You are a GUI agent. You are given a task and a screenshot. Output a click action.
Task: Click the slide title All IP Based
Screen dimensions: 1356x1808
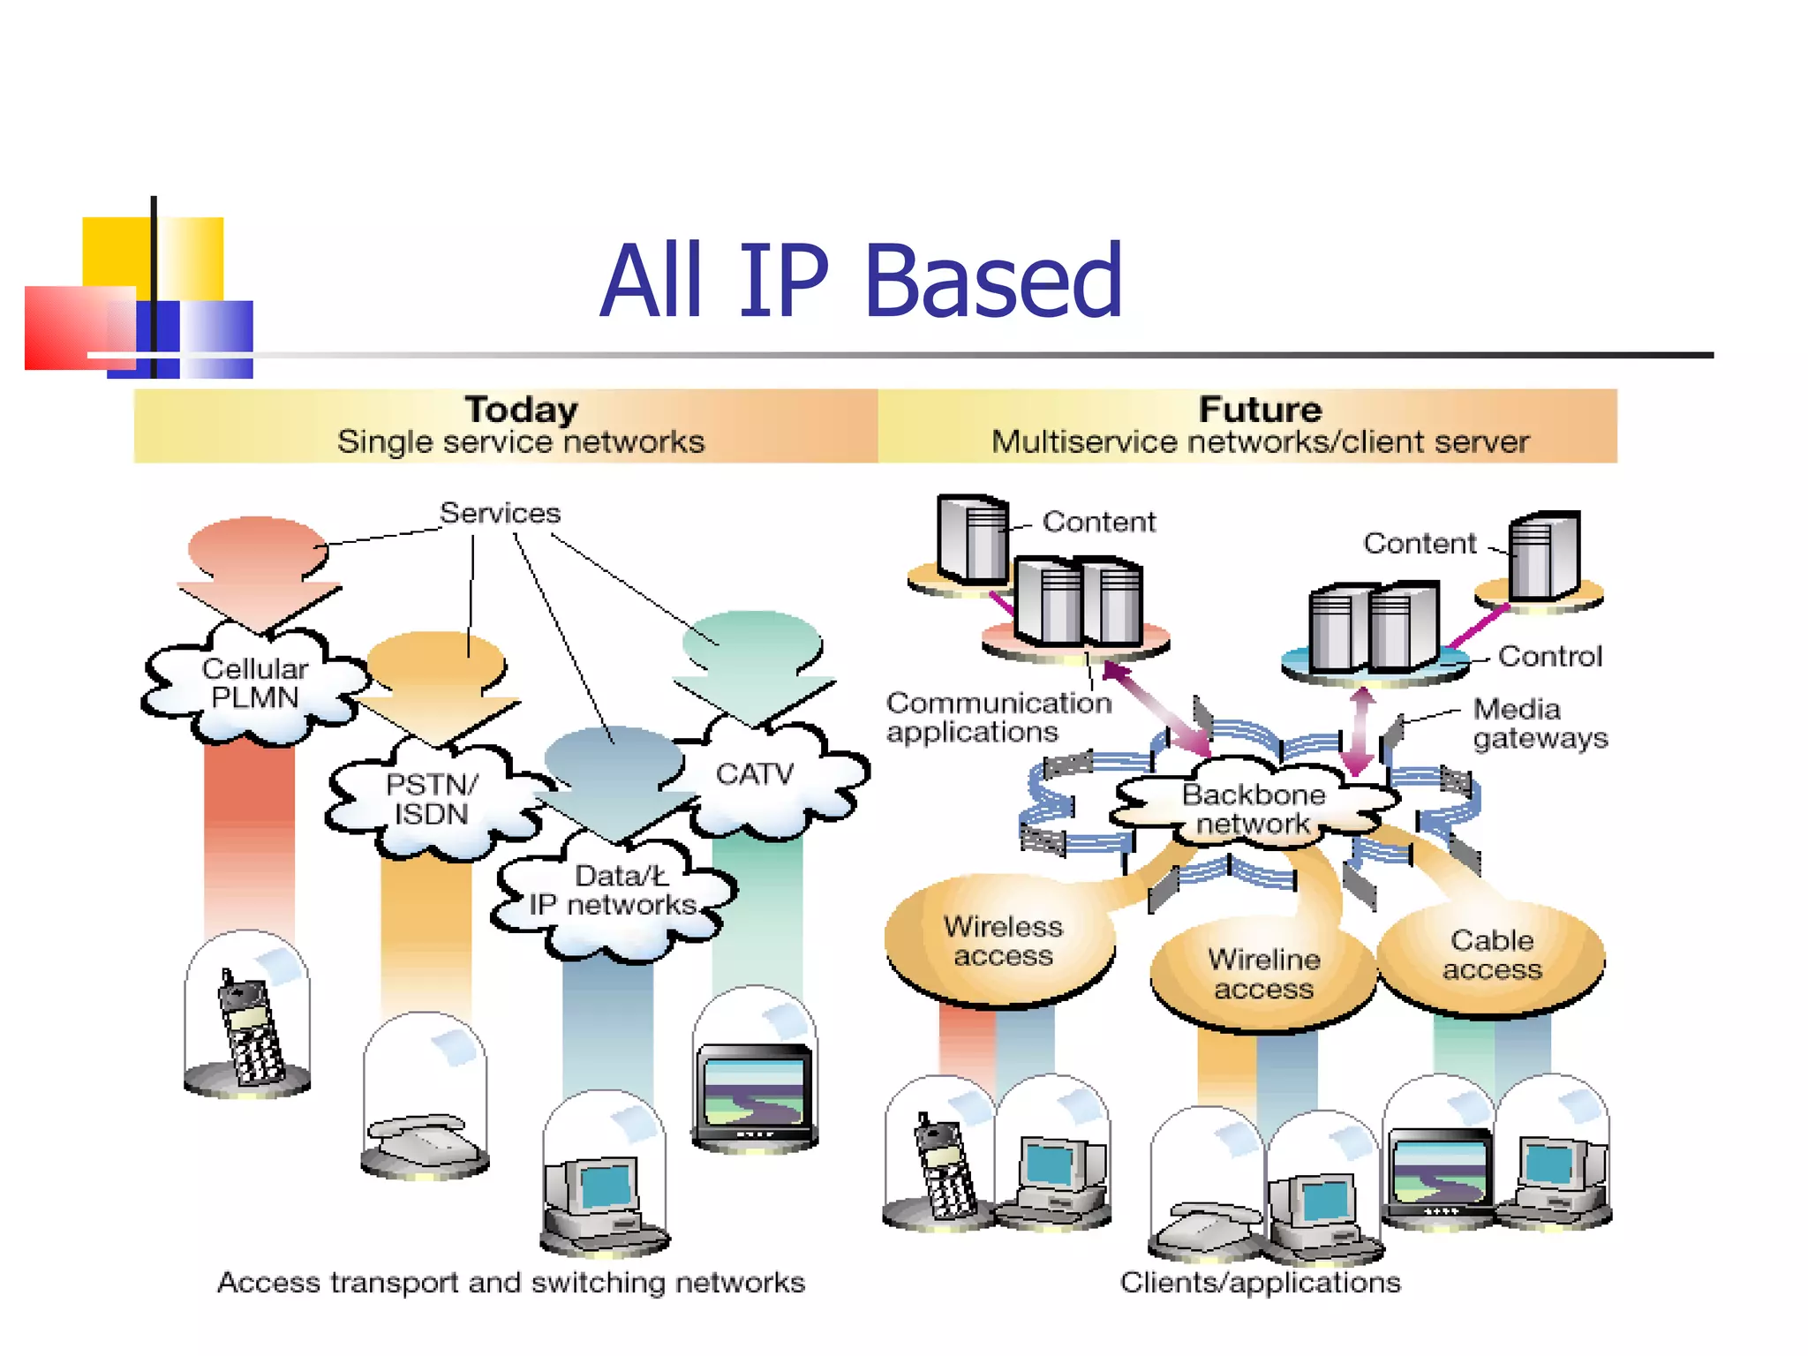[861, 282]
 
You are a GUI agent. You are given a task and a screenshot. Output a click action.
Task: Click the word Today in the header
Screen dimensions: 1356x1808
[521, 410]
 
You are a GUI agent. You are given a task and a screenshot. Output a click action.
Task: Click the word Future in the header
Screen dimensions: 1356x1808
[1260, 410]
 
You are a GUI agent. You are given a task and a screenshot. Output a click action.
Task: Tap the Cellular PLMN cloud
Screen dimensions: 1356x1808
[254, 683]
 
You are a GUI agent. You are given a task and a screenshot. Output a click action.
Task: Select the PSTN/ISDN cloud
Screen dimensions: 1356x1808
[431, 799]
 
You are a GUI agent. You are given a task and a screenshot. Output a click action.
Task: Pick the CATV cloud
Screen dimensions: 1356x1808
[755, 775]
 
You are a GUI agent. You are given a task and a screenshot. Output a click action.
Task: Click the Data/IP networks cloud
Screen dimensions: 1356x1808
[614, 892]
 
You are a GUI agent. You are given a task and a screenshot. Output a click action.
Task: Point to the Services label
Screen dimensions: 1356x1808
[500, 513]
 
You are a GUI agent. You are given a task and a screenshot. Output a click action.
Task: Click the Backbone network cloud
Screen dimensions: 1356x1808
[1253, 809]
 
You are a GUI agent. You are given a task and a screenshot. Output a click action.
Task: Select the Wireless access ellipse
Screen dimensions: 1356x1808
[1002, 941]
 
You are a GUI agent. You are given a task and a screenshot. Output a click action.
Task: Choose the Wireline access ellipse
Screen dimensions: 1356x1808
[1263, 974]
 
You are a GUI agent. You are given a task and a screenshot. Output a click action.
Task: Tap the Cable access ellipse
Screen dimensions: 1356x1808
[1492, 955]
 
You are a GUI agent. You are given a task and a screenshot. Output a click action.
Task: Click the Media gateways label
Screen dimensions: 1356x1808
[1540, 723]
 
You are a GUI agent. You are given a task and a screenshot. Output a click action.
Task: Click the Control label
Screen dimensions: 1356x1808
[1550, 656]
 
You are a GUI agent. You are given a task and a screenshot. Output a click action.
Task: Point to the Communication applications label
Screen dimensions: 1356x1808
[998, 717]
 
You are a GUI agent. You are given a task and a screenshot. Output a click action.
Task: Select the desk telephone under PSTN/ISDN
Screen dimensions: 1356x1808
[424, 1139]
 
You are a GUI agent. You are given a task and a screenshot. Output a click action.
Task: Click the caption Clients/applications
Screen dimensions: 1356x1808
[1260, 1282]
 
